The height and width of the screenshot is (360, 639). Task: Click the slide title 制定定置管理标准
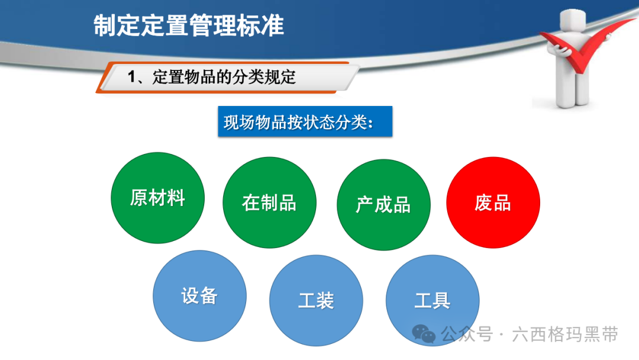[x=188, y=25]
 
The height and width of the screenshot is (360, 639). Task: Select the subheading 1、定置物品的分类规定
[x=211, y=77]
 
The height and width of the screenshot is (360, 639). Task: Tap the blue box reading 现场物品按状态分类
[x=305, y=121]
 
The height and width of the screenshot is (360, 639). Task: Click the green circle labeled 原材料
[x=158, y=198]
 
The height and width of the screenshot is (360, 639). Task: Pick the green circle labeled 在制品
[x=269, y=202]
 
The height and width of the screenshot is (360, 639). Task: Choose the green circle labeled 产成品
[x=383, y=205]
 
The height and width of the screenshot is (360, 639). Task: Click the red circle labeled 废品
[x=493, y=202]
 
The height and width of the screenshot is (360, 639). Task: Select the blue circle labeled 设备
[x=200, y=296]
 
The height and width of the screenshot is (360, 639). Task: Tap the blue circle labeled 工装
[x=316, y=300]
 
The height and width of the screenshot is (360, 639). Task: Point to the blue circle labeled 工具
[x=433, y=300]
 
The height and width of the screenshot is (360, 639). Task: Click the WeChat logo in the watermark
[x=424, y=334]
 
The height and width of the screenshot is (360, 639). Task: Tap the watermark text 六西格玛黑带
[x=565, y=335]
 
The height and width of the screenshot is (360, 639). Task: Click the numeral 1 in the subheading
[x=131, y=77]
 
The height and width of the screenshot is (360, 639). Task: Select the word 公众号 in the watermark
[x=467, y=335]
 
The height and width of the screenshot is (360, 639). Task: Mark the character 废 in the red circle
[x=483, y=203]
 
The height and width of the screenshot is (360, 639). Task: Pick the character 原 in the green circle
[x=139, y=198]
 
